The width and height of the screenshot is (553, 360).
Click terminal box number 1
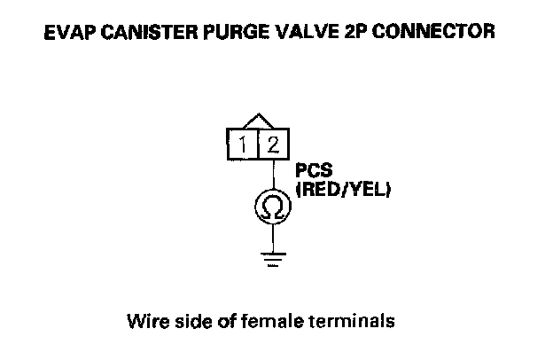pos(241,143)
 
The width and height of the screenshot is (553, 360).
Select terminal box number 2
pos(272,143)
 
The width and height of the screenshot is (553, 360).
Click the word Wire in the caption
pos(146,318)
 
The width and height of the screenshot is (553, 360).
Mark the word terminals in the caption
pos(352,318)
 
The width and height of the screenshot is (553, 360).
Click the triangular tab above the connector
pos(257,121)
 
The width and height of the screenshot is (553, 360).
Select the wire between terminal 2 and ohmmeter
pos(272,175)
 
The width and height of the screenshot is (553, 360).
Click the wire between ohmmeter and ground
pos(272,237)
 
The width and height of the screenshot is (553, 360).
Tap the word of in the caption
pos(227,318)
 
